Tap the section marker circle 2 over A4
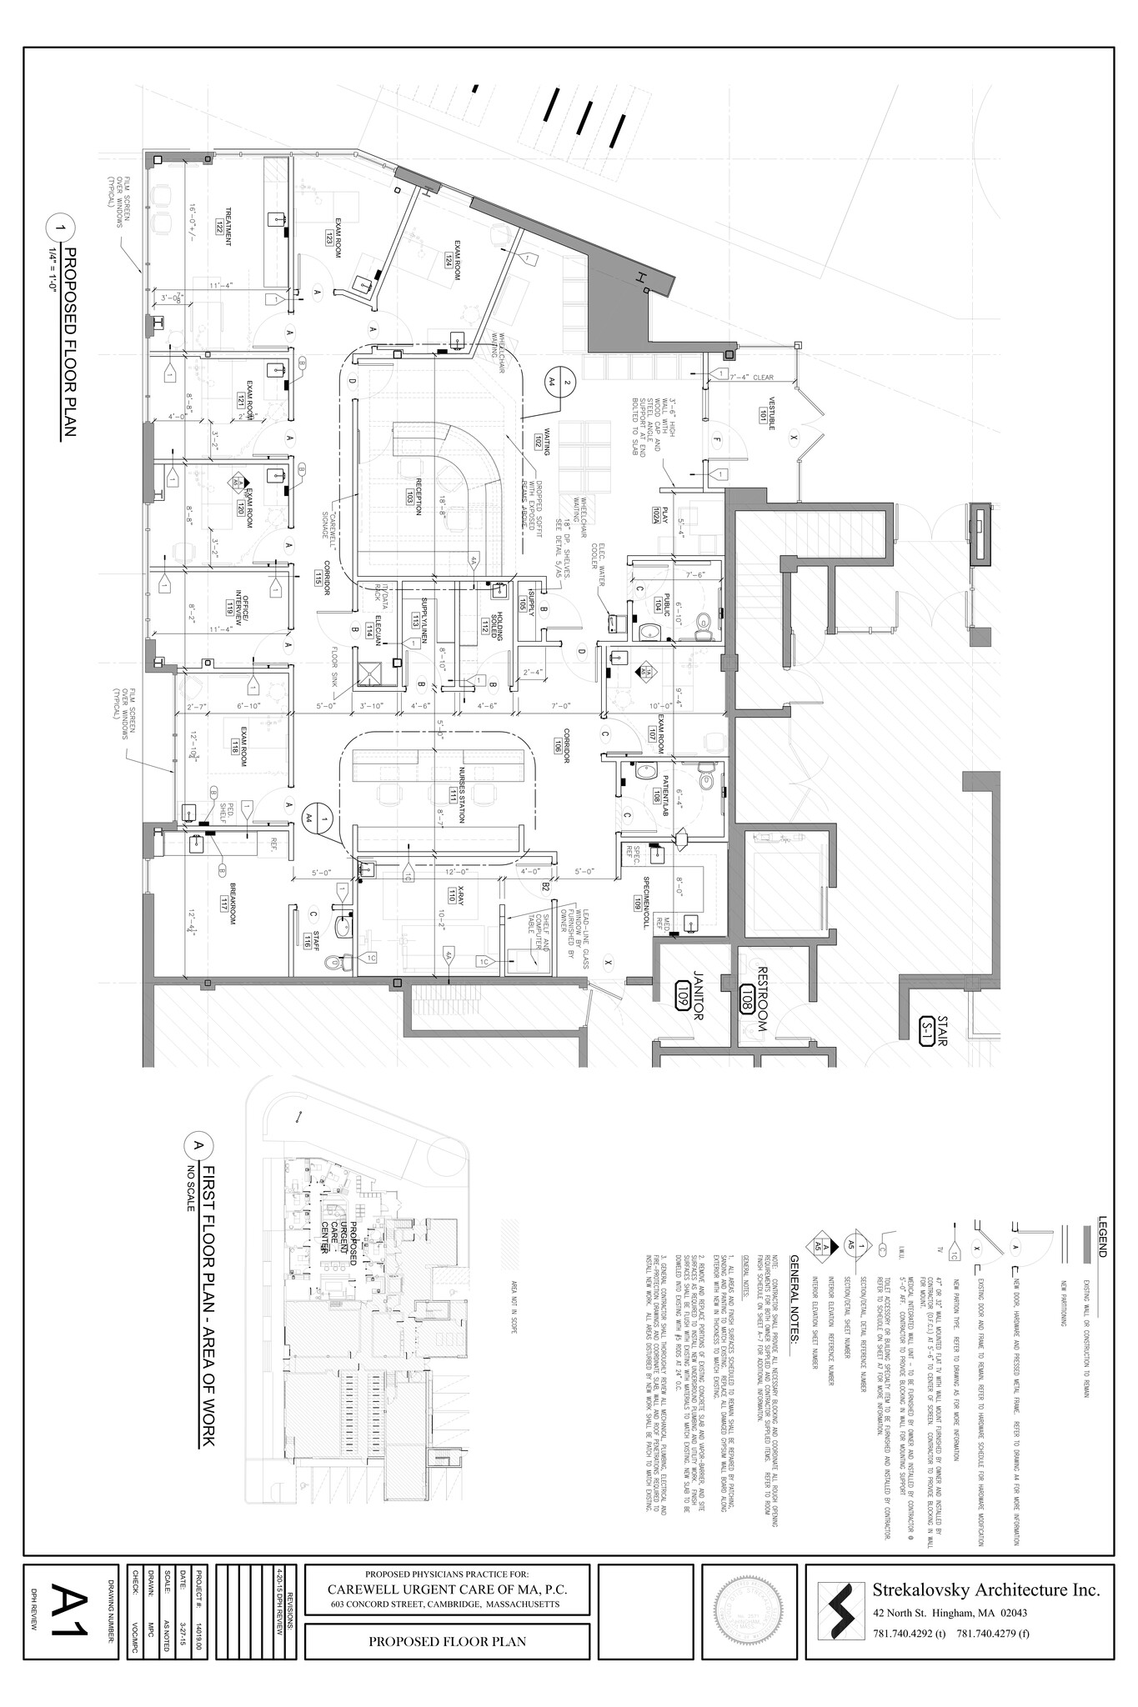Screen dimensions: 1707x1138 tap(567, 382)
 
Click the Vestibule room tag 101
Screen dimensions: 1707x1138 tap(761, 412)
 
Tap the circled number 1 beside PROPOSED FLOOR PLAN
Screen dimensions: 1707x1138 tap(63, 227)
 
